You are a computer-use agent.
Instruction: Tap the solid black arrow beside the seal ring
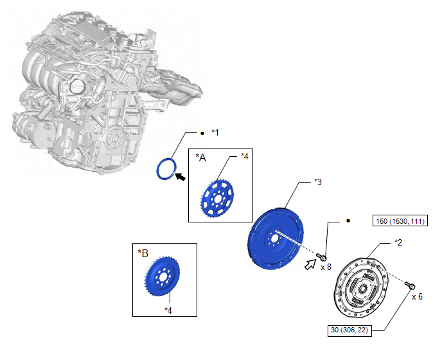[x=180, y=177]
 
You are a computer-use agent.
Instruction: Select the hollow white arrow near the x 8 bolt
[x=310, y=265]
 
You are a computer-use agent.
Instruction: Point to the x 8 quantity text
[x=326, y=267]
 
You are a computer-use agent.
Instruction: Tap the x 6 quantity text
[x=417, y=296]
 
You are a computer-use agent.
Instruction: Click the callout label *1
[x=215, y=132]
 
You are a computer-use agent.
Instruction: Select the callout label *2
[x=398, y=242]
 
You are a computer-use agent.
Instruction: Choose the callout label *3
[x=318, y=183]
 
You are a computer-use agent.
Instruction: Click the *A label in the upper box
[x=201, y=158]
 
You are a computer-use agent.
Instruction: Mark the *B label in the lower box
[x=143, y=253]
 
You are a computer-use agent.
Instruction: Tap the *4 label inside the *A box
[x=245, y=156]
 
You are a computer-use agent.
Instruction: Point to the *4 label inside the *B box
[x=168, y=310]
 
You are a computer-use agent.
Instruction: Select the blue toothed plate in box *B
[x=163, y=277]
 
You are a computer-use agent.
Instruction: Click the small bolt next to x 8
[x=321, y=256]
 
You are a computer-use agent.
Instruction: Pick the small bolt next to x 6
[x=411, y=285]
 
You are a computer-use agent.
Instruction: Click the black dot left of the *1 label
[x=202, y=133]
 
